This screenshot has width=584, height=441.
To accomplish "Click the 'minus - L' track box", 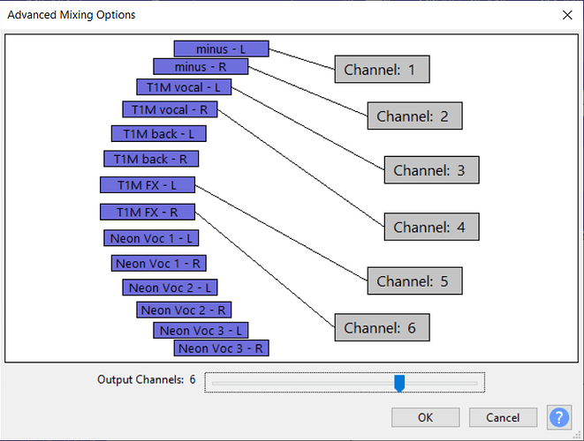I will [x=221, y=49].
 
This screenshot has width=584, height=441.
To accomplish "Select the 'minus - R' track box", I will [x=201, y=66].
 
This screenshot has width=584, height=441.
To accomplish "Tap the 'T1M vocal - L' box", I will [x=184, y=86].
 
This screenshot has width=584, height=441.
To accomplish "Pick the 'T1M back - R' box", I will [x=151, y=159].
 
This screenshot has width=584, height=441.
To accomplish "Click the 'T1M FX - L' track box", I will [x=147, y=185].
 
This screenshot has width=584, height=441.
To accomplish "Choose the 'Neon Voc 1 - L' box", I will [x=152, y=238].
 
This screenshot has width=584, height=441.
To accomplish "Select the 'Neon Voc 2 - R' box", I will [x=184, y=310].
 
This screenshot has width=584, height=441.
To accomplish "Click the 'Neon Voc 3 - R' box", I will [x=222, y=348].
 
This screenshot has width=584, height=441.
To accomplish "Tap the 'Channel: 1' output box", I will [x=382, y=69].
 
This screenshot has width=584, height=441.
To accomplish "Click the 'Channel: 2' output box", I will [x=414, y=116].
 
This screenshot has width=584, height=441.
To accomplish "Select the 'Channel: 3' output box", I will [x=431, y=170].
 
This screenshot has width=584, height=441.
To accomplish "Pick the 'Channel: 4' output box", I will [x=431, y=227].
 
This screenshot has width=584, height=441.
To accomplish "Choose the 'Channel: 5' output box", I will [x=414, y=281].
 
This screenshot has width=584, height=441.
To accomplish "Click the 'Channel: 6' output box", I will [x=382, y=327].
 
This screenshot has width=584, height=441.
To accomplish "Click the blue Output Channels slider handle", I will [x=399, y=382].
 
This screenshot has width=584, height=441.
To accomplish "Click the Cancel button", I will [x=503, y=417].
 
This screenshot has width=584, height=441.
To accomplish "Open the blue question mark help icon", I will [x=559, y=417].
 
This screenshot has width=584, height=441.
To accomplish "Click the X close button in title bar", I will [x=566, y=15].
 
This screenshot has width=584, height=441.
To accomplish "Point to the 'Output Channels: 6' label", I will [x=147, y=379].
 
